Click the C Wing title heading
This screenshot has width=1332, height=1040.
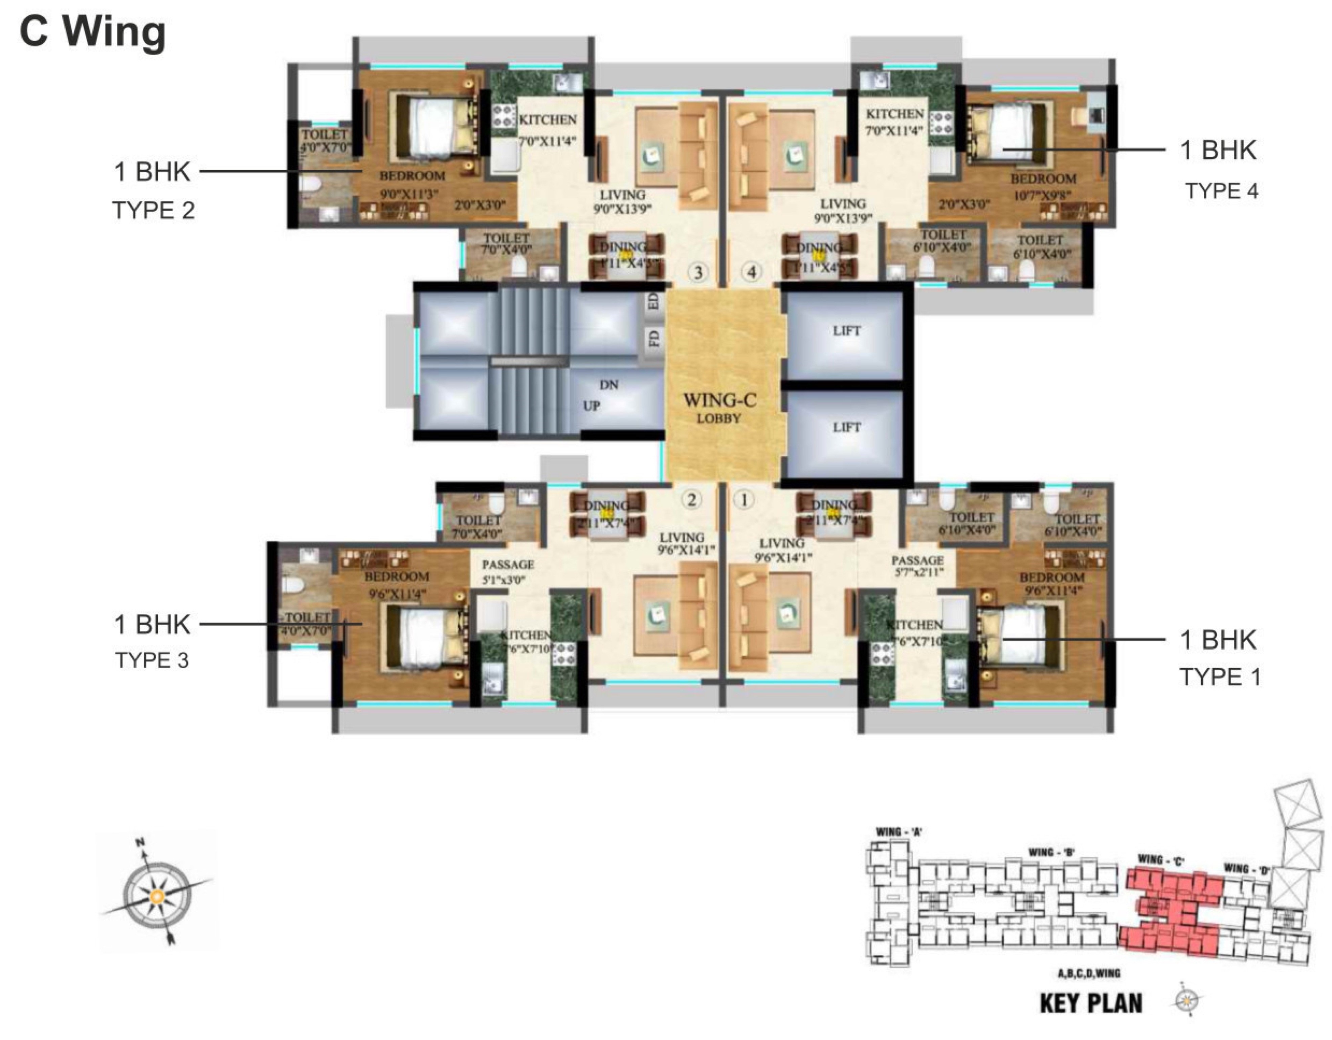pos(93,32)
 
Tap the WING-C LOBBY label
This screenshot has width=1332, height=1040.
pos(720,408)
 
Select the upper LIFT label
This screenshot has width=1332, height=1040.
pos(846,331)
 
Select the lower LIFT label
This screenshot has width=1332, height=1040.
pos(846,428)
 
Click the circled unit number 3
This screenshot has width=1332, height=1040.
pos(698,272)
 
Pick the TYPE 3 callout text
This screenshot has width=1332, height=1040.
pos(153,660)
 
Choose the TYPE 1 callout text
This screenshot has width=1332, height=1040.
pos(1220,677)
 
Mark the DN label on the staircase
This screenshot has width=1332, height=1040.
pos(609,385)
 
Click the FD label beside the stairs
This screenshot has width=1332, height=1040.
pos(654,337)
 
